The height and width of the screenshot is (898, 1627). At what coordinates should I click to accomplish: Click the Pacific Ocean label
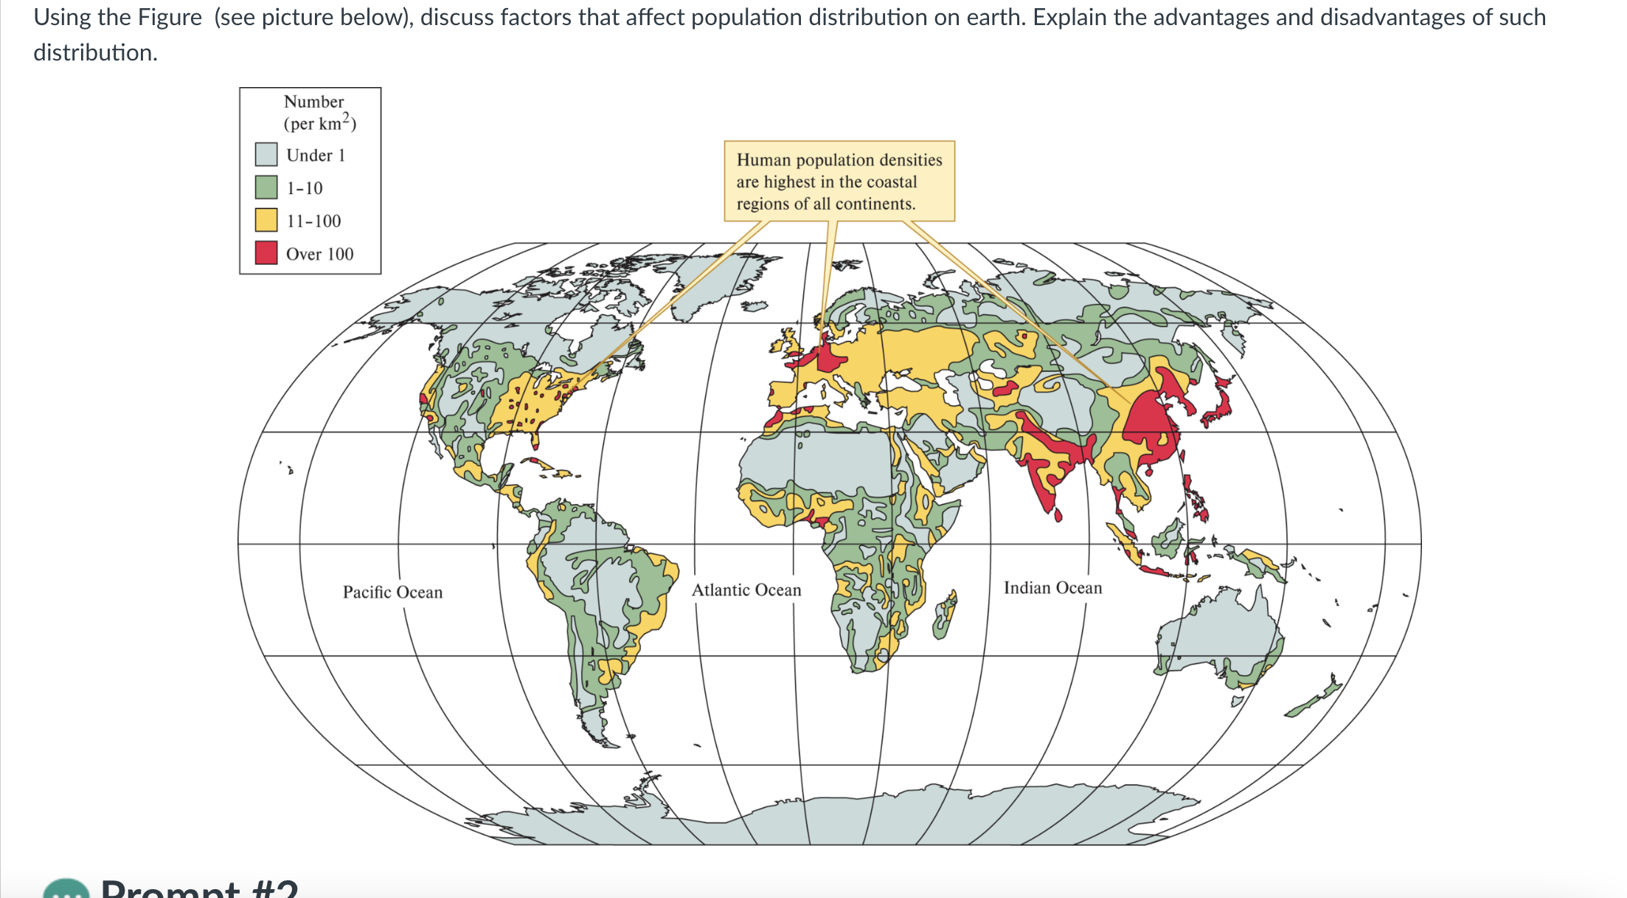click(x=392, y=592)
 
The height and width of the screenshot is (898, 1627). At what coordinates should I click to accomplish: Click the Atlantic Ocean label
click(x=746, y=590)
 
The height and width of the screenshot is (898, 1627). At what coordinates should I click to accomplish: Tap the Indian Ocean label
click(x=1052, y=587)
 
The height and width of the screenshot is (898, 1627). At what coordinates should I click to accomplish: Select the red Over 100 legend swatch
click(x=266, y=253)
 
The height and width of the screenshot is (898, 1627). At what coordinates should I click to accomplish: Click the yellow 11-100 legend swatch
click(x=266, y=220)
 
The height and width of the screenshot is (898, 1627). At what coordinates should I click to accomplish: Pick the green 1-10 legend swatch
click(x=266, y=187)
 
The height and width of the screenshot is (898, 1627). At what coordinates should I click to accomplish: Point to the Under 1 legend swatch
click(x=266, y=154)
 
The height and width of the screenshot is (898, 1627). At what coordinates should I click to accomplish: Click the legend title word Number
click(x=313, y=101)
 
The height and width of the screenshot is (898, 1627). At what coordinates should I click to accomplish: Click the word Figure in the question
click(x=170, y=16)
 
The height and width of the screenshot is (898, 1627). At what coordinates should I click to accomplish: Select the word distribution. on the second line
click(x=95, y=52)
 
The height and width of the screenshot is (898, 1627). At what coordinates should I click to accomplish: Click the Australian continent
click(x=1217, y=635)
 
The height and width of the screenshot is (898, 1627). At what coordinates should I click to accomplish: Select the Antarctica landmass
click(x=848, y=819)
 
